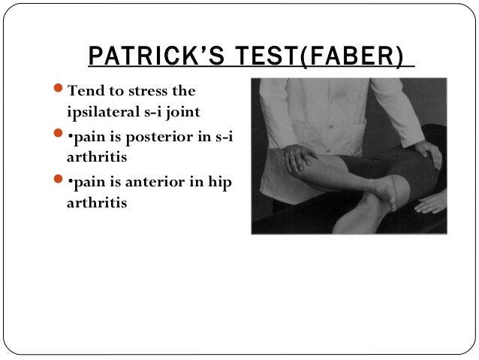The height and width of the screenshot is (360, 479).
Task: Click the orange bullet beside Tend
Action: [x=60, y=91]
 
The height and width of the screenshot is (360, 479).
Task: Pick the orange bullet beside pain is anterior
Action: [x=60, y=183]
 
